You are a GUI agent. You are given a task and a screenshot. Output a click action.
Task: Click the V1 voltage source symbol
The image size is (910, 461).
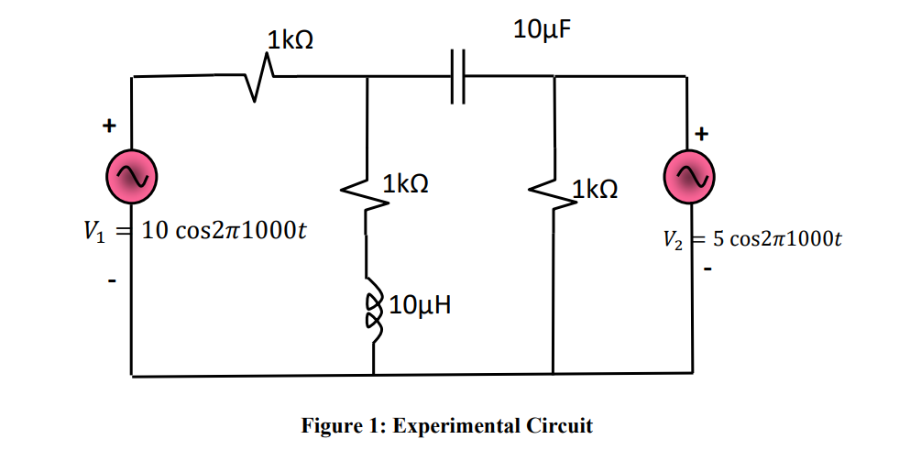point(132,178)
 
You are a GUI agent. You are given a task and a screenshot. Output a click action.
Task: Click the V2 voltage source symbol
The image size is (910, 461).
point(688,178)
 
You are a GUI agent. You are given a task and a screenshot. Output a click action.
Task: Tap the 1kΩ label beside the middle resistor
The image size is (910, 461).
point(406,184)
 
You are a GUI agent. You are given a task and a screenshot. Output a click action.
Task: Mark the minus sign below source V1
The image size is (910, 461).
point(112,280)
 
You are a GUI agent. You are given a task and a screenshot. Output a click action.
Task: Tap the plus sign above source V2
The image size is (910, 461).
point(702,134)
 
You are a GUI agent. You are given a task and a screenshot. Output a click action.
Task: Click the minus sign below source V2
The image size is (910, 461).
point(708,270)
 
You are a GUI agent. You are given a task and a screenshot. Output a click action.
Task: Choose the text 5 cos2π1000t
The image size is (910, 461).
point(777,240)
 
